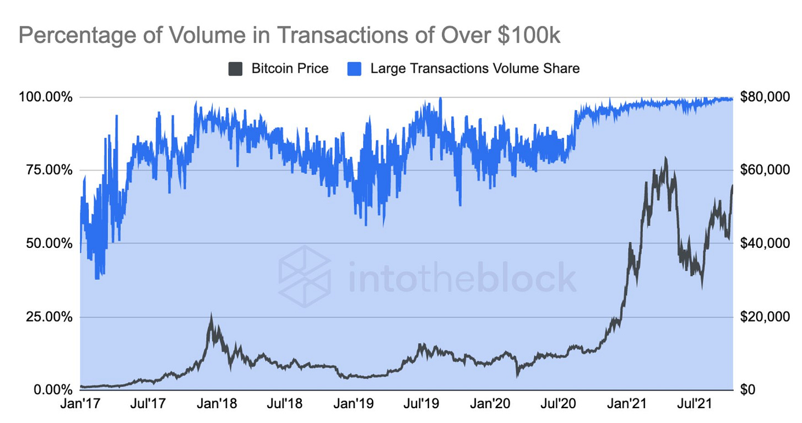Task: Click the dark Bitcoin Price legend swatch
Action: tap(235, 69)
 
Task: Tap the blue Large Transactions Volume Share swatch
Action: tap(355, 69)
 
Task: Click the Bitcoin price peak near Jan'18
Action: tap(211, 316)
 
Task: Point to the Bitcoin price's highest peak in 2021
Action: tap(666, 158)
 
